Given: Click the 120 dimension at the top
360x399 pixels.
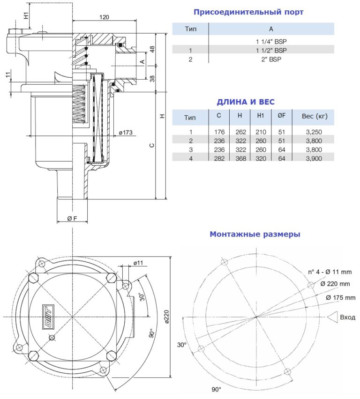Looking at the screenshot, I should click(x=104, y=17).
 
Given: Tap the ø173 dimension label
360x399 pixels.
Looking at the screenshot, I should click(x=126, y=133).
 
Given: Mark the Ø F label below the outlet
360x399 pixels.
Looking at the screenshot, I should click(x=72, y=219).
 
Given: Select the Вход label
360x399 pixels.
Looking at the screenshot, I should click(x=347, y=317).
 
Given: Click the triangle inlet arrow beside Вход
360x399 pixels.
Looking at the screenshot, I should click(x=334, y=317).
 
